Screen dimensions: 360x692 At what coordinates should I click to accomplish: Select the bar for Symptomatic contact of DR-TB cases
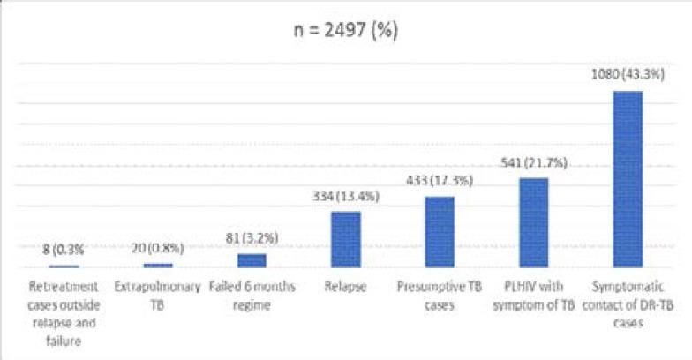coord(628,179)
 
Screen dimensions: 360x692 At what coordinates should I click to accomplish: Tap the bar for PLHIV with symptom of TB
coord(533,222)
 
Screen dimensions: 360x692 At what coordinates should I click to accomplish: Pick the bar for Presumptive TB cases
coord(440,232)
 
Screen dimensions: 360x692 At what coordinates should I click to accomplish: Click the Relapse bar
coord(346,239)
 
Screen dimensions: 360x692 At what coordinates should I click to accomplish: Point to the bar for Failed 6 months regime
coord(252,260)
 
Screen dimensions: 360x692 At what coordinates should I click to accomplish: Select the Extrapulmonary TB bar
coord(158,265)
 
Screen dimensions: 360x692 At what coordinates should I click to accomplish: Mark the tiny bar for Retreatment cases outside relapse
coord(64,266)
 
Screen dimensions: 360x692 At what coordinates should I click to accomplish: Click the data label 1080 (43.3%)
coord(628,77)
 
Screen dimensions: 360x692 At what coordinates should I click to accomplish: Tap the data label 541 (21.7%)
coord(533,164)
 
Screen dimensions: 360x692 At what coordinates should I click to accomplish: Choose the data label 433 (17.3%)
coord(440,182)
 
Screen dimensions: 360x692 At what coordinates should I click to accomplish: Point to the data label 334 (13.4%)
coord(346,197)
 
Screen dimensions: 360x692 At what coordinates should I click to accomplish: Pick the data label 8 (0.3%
coord(64,251)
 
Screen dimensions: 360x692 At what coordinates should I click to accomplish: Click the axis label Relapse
coord(346,288)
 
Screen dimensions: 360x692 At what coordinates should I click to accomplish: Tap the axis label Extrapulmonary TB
coord(158,296)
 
